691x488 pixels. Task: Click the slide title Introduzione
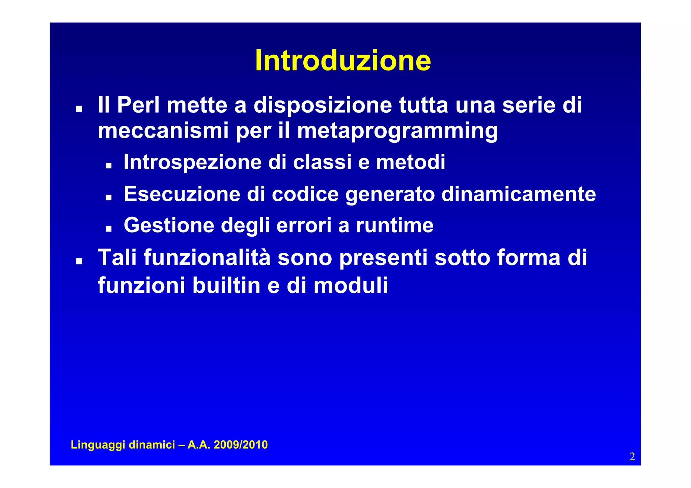click(x=343, y=61)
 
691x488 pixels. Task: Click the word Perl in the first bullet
click(x=138, y=105)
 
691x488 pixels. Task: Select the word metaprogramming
click(x=397, y=131)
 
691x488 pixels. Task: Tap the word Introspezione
click(x=192, y=162)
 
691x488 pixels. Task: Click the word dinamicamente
click(x=518, y=194)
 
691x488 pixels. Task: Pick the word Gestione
click(x=169, y=225)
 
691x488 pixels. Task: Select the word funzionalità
click(x=207, y=258)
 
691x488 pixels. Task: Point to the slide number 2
click(x=632, y=457)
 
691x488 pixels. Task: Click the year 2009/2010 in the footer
click(x=241, y=445)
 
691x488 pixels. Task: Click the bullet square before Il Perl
click(x=79, y=109)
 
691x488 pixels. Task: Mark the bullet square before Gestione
click(x=108, y=229)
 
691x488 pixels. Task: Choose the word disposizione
click(x=323, y=105)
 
